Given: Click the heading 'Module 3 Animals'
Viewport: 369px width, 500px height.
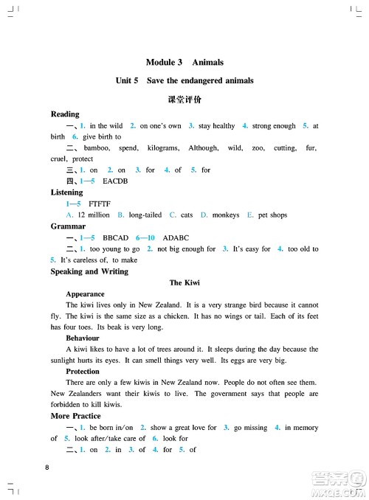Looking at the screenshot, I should tap(184, 63).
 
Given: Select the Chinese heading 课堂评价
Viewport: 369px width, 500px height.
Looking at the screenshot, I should tap(184, 98).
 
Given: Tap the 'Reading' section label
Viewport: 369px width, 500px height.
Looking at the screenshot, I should tap(65, 114).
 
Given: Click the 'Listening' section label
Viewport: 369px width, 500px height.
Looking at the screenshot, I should tap(67, 192).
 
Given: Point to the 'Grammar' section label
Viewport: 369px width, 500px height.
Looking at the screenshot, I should tap(68, 226).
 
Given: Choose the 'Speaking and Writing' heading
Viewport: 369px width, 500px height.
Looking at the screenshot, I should tap(89, 271).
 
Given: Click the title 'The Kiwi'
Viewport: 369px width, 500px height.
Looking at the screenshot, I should tap(184, 282).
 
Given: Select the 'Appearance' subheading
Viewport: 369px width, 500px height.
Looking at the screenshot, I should tap(85, 294).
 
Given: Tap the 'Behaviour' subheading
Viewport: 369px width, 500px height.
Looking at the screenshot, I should tap(83, 338).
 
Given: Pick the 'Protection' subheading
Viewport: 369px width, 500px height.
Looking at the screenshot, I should tap(83, 371).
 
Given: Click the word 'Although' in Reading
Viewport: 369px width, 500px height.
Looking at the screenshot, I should tap(204, 148).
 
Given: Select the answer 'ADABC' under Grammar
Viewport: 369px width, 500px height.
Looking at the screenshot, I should tap(165, 238).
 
